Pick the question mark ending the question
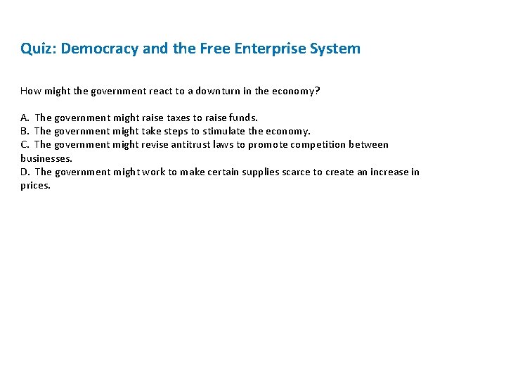tap(318, 91)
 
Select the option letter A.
tap(25, 118)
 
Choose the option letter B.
tap(25, 131)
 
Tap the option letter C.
tap(25, 144)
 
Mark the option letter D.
tap(25, 172)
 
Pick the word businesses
tap(46, 158)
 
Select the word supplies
tap(260, 172)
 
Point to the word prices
tap(36, 186)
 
